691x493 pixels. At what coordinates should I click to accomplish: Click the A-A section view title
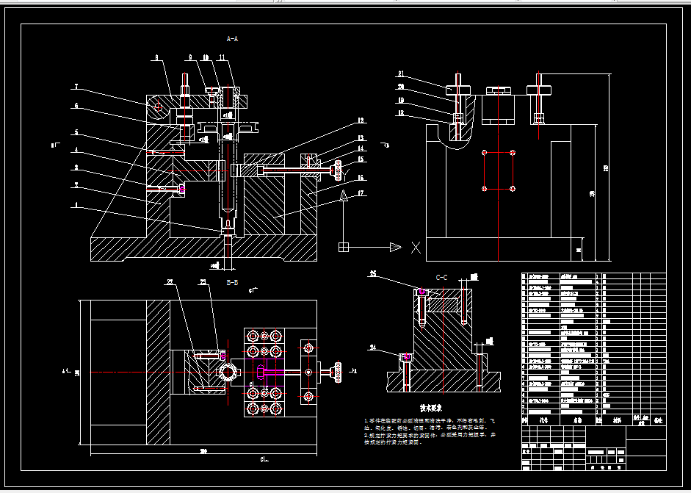pyautogui.click(x=232, y=38)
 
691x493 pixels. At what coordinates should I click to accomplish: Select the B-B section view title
pyautogui.click(x=232, y=282)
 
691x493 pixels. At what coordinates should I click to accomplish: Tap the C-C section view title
pyautogui.click(x=442, y=277)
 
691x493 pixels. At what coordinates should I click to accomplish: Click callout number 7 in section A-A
pyautogui.click(x=76, y=87)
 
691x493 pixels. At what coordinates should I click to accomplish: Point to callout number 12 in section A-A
pyautogui.click(x=361, y=120)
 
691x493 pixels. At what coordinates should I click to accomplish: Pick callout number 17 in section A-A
pyautogui.click(x=361, y=194)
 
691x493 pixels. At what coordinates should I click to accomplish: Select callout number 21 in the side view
pyautogui.click(x=401, y=73)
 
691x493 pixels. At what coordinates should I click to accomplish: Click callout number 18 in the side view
pyautogui.click(x=401, y=113)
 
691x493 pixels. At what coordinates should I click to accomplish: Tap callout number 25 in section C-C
pyautogui.click(x=373, y=275)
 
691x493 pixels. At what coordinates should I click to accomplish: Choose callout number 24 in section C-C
pyautogui.click(x=373, y=348)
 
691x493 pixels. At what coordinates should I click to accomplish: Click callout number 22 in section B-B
pyautogui.click(x=169, y=282)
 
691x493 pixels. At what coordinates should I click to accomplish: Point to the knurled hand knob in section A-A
pyautogui.click(x=338, y=170)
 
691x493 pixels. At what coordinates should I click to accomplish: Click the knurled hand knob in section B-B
pyautogui.click(x=339, y=372)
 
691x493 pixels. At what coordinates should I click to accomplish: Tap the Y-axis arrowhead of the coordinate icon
pyautogui.click(x=343, y=196)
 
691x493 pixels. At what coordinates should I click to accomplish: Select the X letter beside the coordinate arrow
pyautogui.click(x=416, y=248)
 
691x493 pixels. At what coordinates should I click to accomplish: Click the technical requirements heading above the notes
pyautogui.click(x=430, y=407)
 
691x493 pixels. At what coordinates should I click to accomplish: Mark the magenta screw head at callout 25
pyautogui.click(x=422, y=292)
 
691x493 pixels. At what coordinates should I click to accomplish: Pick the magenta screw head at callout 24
pyautogui.click(x=405, y=357)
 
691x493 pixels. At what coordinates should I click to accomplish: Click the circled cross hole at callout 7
pyautogui.click(x=158, y=107)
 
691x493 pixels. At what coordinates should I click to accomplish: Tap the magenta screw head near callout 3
pyautogui.click(x=182, y=190)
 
